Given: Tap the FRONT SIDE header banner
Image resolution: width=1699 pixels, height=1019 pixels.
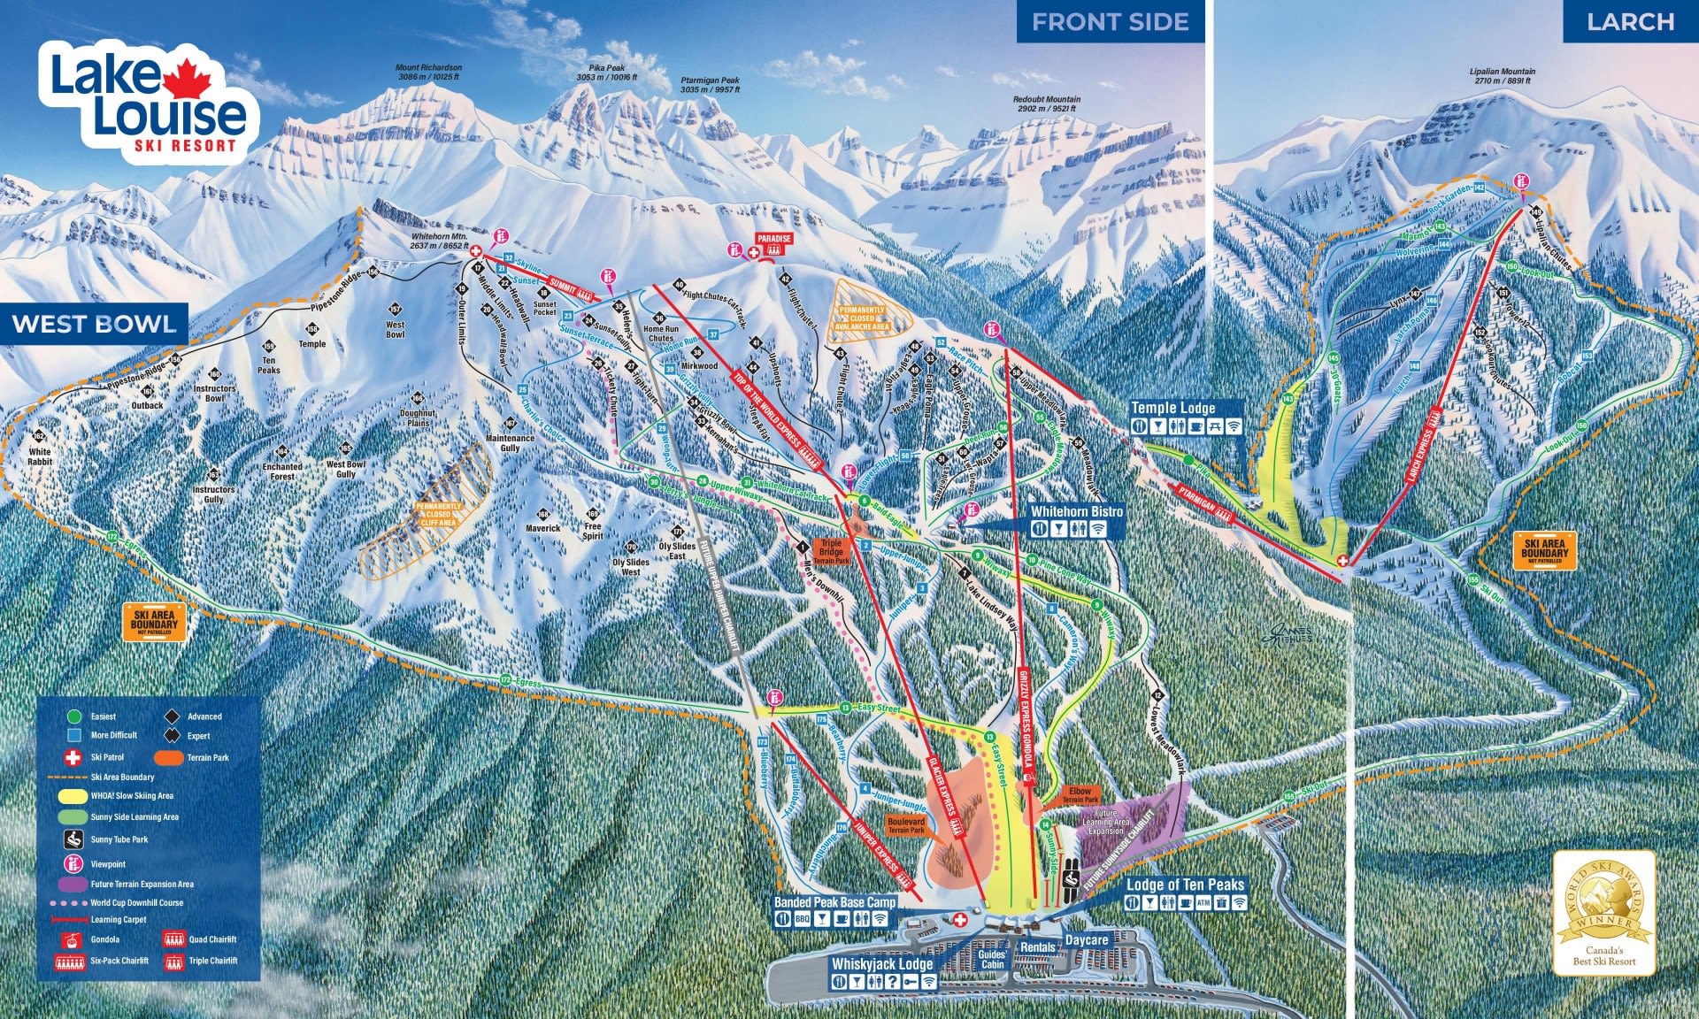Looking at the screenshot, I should [1110, 22].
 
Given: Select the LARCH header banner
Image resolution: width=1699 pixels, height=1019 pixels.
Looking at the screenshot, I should [1630, 22].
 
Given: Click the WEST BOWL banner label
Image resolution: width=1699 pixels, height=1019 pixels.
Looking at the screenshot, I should [94, 324].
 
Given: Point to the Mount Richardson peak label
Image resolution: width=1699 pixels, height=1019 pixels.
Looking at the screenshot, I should [428, 72].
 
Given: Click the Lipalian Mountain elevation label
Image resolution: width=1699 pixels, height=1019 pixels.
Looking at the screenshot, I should [1503, 76].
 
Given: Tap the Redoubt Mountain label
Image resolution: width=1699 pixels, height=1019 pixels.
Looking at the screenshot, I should [1046, 103].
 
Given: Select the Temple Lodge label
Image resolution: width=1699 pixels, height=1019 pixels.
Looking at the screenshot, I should [1172, 408].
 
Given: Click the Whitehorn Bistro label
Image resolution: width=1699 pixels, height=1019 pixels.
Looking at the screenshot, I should [1076, 511].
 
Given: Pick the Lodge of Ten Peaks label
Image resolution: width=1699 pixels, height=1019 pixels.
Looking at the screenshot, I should [1185, 885].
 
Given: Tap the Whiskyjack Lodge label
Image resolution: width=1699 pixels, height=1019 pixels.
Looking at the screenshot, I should [882, 964].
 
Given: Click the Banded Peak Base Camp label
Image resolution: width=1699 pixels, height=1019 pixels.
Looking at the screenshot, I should [834, 902].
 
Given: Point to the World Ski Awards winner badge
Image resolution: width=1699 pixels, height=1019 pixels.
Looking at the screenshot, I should [1603, 912].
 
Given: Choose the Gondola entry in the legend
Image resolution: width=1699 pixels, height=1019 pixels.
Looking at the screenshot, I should [104, 939].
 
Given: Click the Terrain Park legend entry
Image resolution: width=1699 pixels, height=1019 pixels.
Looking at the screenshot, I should [207, 757].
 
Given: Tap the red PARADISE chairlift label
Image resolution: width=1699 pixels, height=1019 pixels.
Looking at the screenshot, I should [773, 239].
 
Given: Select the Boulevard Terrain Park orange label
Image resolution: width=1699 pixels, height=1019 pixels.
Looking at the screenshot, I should [905, 825].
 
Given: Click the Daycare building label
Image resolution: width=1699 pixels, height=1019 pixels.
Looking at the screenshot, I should [1087, 940].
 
